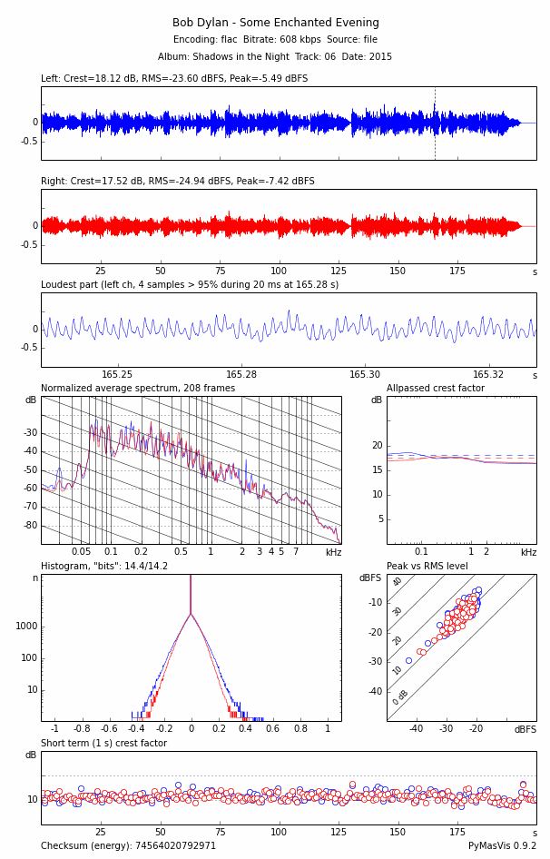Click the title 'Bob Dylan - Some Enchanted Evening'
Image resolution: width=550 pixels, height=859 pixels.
[x=275, y=23]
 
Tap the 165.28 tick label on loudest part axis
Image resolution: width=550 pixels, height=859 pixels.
[x=241, y=375]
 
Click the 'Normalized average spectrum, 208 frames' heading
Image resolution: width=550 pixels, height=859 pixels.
[x=138, y=389]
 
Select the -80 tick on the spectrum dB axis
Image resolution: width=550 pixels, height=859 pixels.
[x=31, y=526]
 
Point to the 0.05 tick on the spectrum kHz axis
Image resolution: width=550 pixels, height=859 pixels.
[x=81, y=552]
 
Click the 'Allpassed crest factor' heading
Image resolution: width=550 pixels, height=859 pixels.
[x=435, y=389]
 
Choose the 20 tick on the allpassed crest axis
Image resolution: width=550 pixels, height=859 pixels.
[x=378, y=446]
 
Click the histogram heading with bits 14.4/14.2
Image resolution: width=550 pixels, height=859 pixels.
[x=104, y=567]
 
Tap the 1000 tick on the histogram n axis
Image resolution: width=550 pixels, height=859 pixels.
[x=26, y=627]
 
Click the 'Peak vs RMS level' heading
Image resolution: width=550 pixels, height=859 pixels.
[x=427, y=567]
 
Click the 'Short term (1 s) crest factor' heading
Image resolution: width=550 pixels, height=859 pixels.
[x=103, y=744]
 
